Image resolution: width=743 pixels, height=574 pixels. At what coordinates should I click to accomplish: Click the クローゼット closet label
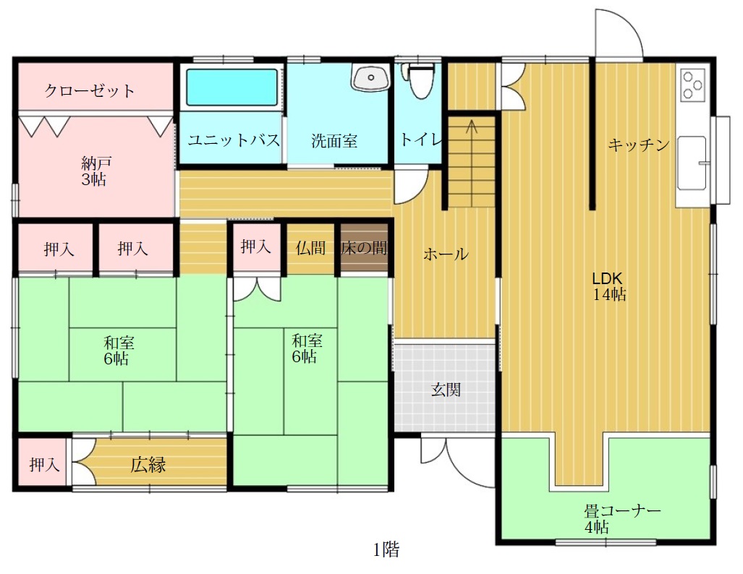tap(90, 90)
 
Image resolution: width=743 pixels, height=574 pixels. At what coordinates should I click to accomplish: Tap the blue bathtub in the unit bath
tap(232, 87)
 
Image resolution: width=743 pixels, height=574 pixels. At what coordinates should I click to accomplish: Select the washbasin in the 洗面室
tap(370, 77)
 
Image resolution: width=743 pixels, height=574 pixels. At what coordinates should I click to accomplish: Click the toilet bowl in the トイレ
tap(420, 80)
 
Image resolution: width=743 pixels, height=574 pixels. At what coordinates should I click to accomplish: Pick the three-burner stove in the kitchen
tap(693, 85)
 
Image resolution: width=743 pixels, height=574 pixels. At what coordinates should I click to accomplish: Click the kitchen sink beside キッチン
tap(692, 163)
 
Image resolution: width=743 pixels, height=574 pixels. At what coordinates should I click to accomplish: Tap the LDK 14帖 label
tap(609, 286)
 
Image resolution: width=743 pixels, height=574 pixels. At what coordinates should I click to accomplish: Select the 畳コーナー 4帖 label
tap(621, 518)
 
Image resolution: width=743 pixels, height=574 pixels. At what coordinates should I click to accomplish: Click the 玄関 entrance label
tap(446, 390)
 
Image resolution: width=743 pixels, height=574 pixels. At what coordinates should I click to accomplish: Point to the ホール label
tap(446, 254)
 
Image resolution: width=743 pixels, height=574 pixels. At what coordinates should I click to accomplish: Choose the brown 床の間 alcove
tap(364, 247)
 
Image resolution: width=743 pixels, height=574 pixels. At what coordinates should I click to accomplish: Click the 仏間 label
tap(310, 247)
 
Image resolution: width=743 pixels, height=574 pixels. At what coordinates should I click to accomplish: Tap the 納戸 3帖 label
tap(95, 171)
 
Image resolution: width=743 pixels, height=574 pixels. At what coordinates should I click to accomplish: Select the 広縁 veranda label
tap(148, 465)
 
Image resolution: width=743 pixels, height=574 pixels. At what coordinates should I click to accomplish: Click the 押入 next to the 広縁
tap(44, 464)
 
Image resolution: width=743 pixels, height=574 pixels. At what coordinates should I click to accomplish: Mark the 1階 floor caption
tap(386, 549)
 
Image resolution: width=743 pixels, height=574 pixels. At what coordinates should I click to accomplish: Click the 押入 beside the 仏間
tap(255, 247)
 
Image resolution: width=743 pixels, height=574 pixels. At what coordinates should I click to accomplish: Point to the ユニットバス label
tap(233, 140)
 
